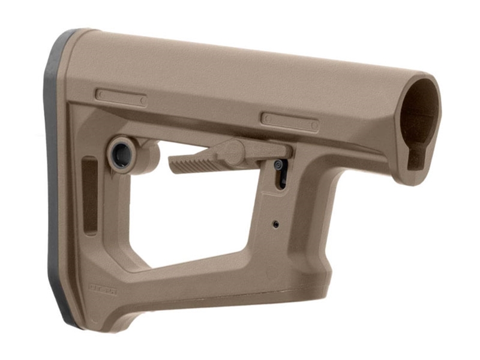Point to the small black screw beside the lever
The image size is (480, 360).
[x=279, y=164]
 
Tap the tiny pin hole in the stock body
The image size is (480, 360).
[x=275, y=224]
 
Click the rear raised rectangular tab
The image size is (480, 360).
[x=121, y=98]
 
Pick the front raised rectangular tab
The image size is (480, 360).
[x=289, y=121]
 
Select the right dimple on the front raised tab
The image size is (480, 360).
[x=313, y=125]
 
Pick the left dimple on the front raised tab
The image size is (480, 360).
[x=266, y=117]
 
